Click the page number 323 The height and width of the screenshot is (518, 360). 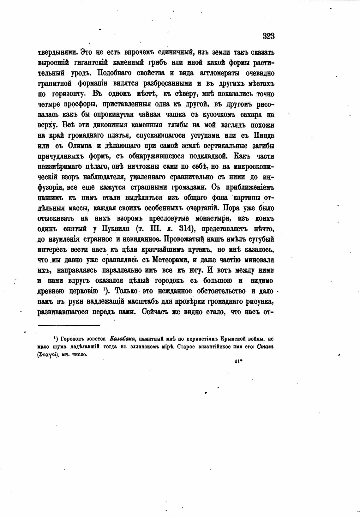point(268,36)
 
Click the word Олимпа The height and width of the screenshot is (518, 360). point(79,146)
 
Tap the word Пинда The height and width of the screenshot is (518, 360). point(264,136)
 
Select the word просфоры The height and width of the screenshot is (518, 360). point(76,105)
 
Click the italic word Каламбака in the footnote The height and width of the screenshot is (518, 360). point(122,339)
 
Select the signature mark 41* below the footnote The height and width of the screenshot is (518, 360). point(238,363)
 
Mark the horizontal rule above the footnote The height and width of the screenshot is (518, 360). point(69,325)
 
